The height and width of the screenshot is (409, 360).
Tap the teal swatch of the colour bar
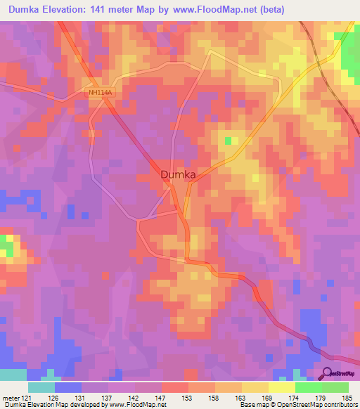41,387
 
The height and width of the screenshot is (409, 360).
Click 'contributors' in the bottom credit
336,404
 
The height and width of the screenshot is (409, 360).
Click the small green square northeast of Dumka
228,141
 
